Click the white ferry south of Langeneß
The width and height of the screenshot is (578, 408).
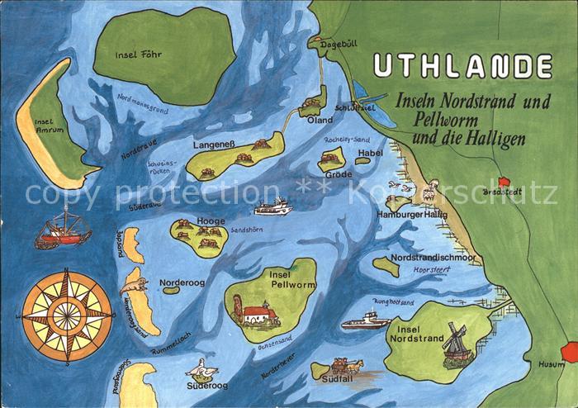273,206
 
